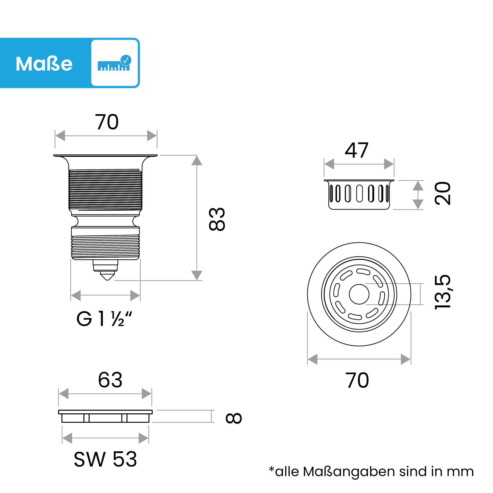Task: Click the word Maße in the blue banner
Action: coord(44,64)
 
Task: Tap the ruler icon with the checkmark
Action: coord(114,63)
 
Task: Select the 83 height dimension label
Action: coord(217,219)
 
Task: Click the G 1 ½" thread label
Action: coord(104,319)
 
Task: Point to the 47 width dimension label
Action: coord(356,150)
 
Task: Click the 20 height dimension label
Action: coord(443,193)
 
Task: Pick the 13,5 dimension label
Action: coord(443,292)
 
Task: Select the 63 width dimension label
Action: coord(110,380)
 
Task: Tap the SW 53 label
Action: coord(105,459)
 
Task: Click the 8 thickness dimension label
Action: coord(234,418)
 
